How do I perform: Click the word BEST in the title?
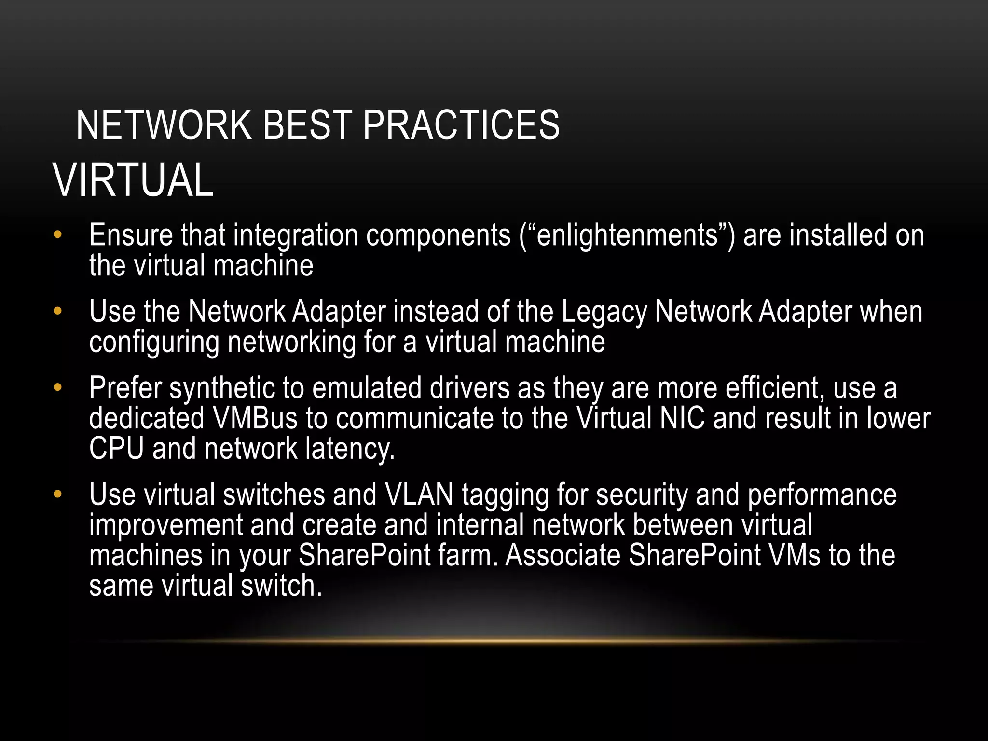coord(307,125)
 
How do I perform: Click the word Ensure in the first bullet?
coord(131,235)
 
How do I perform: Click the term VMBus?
coord(255,418)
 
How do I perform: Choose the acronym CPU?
coord(117,449)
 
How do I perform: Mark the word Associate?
coord(563,555)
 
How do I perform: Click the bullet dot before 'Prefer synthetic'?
coord(58,387)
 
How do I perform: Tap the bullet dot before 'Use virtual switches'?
coord(58,494)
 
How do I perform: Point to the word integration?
coord(295,236)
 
